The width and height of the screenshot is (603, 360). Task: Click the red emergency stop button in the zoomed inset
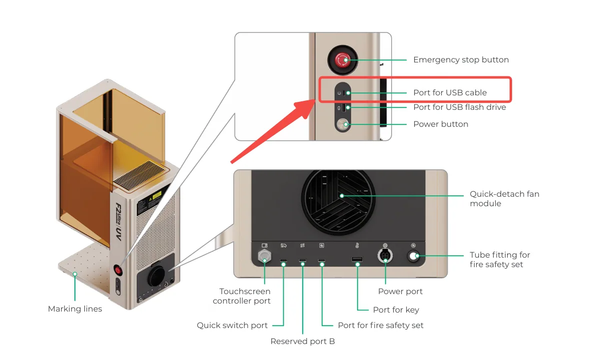(342, 60)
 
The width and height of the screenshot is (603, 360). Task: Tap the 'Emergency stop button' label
(461, 60)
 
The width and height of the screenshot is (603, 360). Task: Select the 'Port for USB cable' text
(450, 92)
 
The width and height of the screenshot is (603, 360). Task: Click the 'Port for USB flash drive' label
(460, 107)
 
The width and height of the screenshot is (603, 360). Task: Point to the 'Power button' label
(441, 124)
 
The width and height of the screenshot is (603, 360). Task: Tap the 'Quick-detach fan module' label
(505, 199)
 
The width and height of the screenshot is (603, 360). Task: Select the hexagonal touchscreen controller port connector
(264, 256)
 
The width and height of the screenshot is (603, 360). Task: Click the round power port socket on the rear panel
(385, 255)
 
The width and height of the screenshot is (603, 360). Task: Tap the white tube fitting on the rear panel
(413, 256)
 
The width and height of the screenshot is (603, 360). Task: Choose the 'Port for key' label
(396, 310)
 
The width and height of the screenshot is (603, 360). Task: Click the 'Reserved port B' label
(303, 341)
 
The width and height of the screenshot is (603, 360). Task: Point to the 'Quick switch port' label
(232, 325)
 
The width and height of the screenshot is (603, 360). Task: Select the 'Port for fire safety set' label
(381, 325)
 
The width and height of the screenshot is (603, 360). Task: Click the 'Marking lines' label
(75, 309)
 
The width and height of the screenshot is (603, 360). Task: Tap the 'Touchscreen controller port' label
(241, 296)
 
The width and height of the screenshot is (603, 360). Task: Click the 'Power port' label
(400, 292)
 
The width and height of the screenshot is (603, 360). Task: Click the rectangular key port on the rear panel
(357, 259)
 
